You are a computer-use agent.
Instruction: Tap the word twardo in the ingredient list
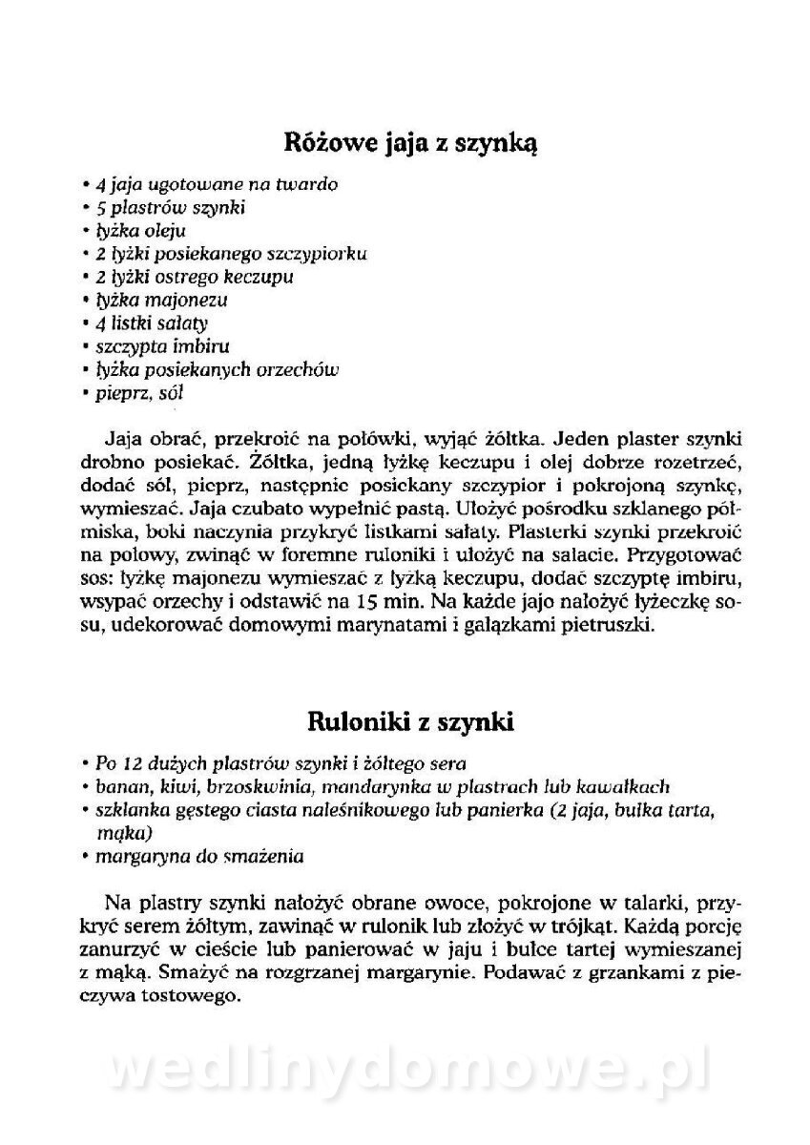(306, 185)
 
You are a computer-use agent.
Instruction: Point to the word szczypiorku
(317, 255)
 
